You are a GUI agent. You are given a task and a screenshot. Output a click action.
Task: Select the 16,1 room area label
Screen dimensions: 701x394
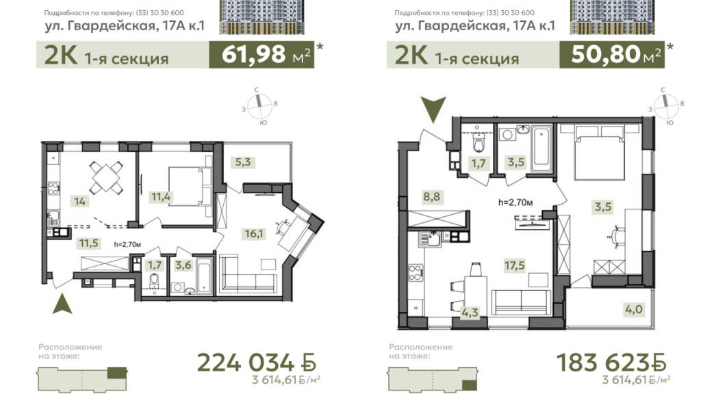tap(253, 233)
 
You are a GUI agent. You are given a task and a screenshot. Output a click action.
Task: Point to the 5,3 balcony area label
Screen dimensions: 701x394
tap(243, 161)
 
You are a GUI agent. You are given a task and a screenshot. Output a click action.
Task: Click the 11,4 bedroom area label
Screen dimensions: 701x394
tap(161, 196)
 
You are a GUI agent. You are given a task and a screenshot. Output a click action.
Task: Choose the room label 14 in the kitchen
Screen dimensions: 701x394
tap(79, 202)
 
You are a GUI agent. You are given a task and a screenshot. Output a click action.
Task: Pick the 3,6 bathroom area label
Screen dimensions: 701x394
tap(183, 265)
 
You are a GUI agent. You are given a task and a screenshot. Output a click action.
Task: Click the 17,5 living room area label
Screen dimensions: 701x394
tap(514, 265)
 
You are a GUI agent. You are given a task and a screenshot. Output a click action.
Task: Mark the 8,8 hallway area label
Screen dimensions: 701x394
tap(431, 196)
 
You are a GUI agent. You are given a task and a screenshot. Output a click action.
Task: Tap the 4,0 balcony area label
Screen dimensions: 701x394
tap(634, 309)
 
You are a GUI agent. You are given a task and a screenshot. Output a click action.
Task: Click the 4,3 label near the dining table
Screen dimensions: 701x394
tap(470, 313)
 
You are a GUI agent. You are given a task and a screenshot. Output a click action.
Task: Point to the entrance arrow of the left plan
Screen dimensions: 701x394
tap(62, 304)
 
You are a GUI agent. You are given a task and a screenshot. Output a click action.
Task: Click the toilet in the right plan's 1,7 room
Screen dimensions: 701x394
tap(479, 144)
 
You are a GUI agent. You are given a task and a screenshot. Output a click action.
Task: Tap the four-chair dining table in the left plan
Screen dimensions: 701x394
tap(106, 177)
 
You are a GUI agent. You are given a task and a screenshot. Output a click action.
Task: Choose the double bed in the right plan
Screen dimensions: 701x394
tap(599, 153)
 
